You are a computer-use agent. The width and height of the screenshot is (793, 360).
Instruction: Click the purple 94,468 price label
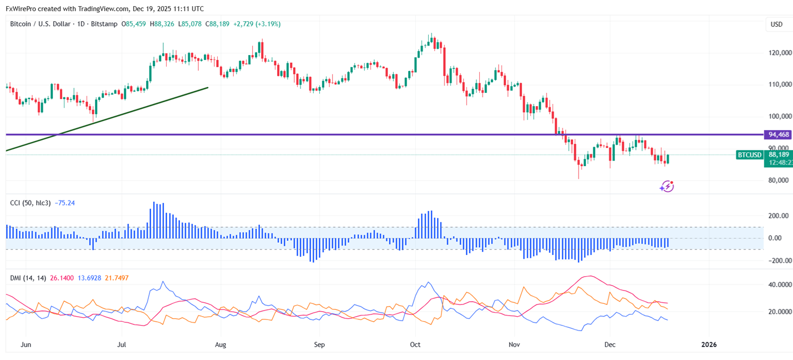pos(777,134)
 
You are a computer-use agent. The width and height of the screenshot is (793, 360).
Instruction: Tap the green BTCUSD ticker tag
pos(749,155)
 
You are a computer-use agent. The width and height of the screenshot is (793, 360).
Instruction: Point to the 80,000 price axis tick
pos(780,180)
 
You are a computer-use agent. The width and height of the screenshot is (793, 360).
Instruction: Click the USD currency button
pos(776,24)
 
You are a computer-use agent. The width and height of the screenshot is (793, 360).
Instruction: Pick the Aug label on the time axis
pos(220,344)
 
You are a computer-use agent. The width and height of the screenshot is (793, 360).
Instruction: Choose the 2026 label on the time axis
pos(709,344)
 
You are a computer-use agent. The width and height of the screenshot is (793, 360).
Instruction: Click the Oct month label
pos(416,344)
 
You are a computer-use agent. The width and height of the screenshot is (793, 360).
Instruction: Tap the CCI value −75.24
pos(65,203)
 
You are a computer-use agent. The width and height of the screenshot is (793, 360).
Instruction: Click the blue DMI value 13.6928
pos(89,278)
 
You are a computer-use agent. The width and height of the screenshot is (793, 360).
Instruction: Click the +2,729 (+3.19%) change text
pos(257,24)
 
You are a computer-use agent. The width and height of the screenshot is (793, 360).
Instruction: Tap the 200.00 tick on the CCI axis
pos(779,216)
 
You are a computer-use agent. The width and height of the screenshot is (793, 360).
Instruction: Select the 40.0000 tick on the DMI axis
pos(780,284)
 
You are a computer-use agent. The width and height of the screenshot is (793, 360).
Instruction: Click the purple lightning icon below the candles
pos(666,187)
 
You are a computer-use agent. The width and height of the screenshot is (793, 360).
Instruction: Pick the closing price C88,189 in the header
pos(217,24)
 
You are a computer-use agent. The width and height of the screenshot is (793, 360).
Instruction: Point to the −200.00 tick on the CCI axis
pos(777,261)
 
